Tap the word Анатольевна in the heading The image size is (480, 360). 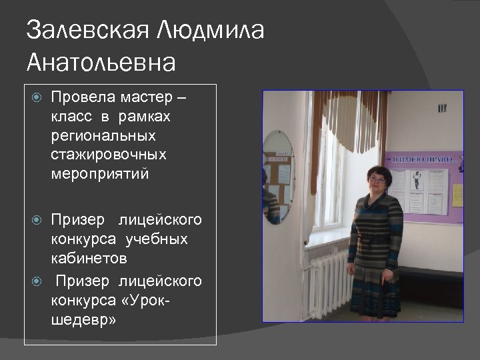(101, 63)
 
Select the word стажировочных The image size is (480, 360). (107, 155)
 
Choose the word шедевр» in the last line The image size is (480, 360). (83, 320)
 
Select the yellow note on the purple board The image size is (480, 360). (457, 195)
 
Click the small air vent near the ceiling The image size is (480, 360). (442, 106)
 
